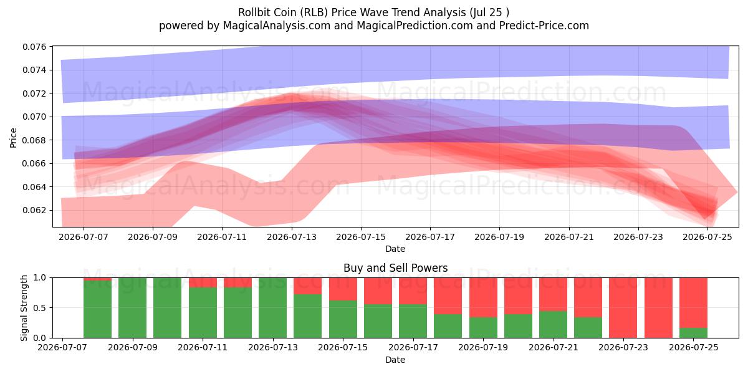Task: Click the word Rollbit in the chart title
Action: click(251, 12)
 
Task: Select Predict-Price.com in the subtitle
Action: click(544, 26)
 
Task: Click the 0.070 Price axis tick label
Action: click(34, 117)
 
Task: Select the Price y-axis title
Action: click(13, 138)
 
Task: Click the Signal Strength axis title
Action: click(24, 308)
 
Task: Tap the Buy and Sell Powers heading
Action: click(395, 268)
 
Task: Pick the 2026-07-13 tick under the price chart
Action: click(292, 237)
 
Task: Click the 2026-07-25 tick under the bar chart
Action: click(694, 348)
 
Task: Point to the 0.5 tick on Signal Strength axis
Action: click(40, 308)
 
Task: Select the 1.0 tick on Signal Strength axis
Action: click(40, 278)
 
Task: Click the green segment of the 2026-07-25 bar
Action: click(693, 333)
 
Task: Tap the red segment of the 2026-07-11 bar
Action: click(203, 282)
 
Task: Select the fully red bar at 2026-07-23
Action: click(623, 308)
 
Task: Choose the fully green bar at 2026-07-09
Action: click(132, 308)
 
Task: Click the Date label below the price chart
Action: click(395, 249)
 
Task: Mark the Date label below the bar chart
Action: click(395, 360)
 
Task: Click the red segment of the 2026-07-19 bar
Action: click(483, 297)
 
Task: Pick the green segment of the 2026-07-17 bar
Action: click(413, 321)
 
